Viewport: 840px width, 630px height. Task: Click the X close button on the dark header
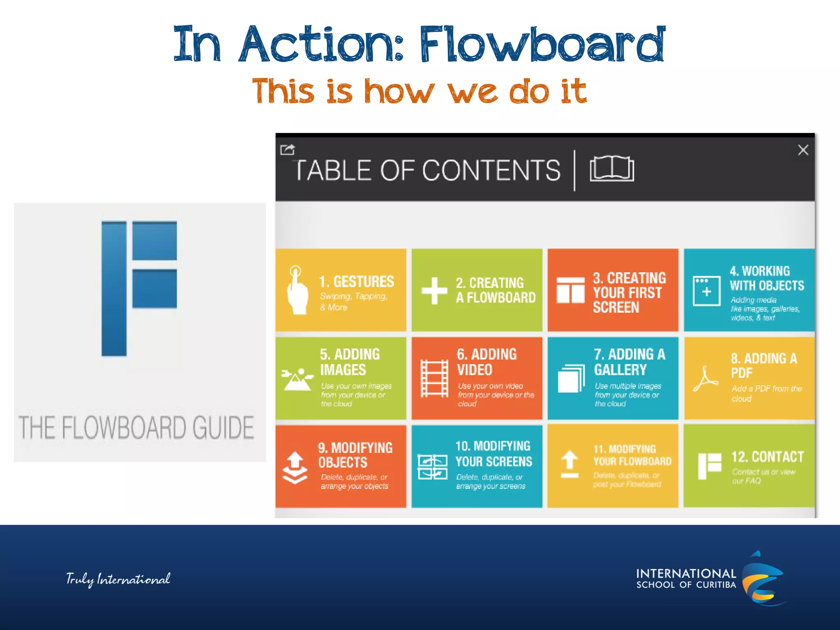803,150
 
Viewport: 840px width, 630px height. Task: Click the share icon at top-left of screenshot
287,149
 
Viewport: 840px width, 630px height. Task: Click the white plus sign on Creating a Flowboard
434,290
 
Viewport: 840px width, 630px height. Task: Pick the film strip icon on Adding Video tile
434,378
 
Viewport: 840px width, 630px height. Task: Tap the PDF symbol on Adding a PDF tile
705,379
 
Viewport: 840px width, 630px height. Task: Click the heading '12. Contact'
767,457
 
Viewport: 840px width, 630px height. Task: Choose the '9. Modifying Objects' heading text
355,455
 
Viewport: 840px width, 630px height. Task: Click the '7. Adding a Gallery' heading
629,362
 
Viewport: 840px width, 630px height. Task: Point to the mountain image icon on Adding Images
297,379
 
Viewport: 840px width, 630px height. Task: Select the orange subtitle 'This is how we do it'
419,91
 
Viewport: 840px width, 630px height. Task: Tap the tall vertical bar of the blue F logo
114,288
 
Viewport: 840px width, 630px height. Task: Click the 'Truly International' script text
118,579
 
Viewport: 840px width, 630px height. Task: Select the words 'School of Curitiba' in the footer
686,585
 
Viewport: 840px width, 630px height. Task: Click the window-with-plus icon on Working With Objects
706,291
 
